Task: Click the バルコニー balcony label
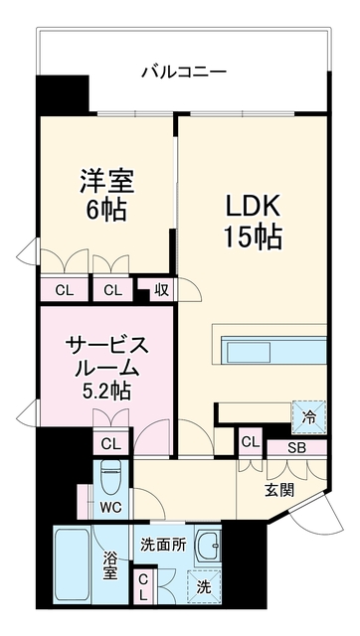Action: pyautogui.click(x=184, y=73)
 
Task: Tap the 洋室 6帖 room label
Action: pyautogui.click(x=106, y=196)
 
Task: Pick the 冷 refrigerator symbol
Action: pyautogui.click(x=309, y=417)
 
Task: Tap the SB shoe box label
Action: pyautogui.click(x=296, y=448)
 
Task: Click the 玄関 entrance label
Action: pyautogui.click(x=279, y=491)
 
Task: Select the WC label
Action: pyautogui.click(x=111, y=508)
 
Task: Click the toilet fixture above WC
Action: pyautogui.click(x=111, y=479)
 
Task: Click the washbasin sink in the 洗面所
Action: pyautogui.click(x=208, y=544)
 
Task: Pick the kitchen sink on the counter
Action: pyautogui.click(x=249, y=352)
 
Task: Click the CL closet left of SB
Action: pyautogui.click(x=251, y=443)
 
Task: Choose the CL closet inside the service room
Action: pyautogui.click(x=111, y=444)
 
